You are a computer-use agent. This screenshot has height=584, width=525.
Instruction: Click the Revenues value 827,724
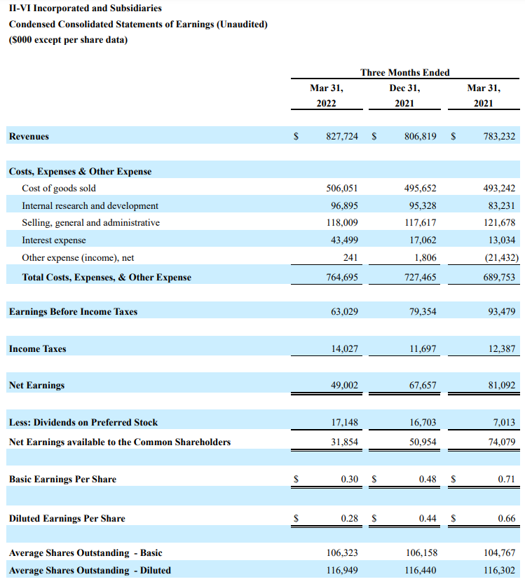click(x=342, y=137)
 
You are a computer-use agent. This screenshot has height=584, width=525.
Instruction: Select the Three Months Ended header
click(x=404, y=72)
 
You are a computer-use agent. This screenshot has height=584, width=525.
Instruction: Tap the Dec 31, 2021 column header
click(x=404, y=95)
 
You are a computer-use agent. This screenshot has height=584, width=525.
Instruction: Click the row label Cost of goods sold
click(x=59, y=189)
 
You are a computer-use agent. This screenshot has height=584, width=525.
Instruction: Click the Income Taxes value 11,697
click(x=421, y=348)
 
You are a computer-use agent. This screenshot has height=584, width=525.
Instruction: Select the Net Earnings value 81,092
click(x=499, y=385)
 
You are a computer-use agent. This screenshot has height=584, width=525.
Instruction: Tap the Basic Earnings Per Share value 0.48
click(x=427, y=479)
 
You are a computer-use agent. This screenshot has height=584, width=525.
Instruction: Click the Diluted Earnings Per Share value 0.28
click(x=349, y=518)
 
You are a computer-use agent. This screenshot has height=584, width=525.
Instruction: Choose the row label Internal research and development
click(x=90, y=205)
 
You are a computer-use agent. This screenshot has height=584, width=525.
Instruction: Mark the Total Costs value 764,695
click(x=342, y=277)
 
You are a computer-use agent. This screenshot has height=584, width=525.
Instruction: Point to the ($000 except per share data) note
click(x=67, y=40)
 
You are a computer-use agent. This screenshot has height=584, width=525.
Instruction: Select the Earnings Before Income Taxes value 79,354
click(x=421, y=311)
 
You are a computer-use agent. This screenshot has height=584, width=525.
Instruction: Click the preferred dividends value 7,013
click(x=503, y=422)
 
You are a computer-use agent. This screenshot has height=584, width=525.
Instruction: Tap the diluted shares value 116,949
click(x=342, y=570)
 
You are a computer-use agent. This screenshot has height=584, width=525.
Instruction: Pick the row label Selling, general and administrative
click(x=90, y=223)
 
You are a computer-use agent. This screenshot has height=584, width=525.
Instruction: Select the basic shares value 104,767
click(x=499, y=553)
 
